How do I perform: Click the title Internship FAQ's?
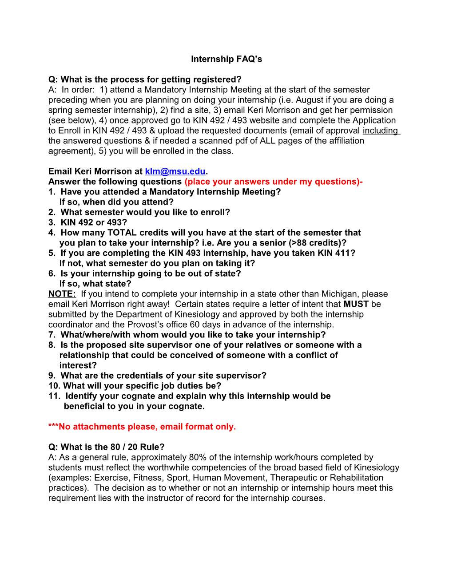tap(226, 59)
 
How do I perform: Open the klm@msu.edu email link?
tap(175, 171)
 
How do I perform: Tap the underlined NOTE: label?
tap(62, 294)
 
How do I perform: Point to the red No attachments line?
tap(142, 427)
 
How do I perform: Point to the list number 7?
tap(52, 335)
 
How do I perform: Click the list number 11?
tap(54, 396)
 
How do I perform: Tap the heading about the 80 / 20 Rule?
tap(107, 447)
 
